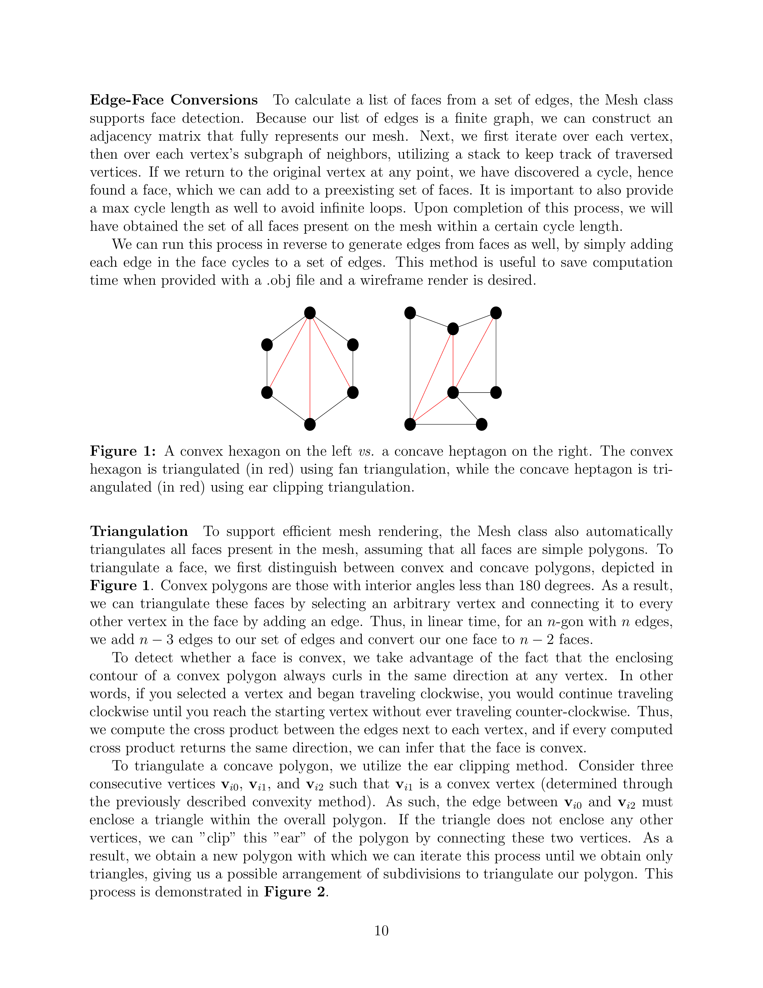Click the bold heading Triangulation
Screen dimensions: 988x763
pos(139,531)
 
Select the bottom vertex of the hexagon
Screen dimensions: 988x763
pos(310,424)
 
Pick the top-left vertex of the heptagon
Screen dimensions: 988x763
pos(410,313)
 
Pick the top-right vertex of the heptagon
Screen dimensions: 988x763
pos(496,313)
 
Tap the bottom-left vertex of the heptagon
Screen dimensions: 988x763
pos(410,424)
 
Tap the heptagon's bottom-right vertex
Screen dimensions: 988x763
pos(481,424)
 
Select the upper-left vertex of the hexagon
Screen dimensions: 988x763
pos(267,345)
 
